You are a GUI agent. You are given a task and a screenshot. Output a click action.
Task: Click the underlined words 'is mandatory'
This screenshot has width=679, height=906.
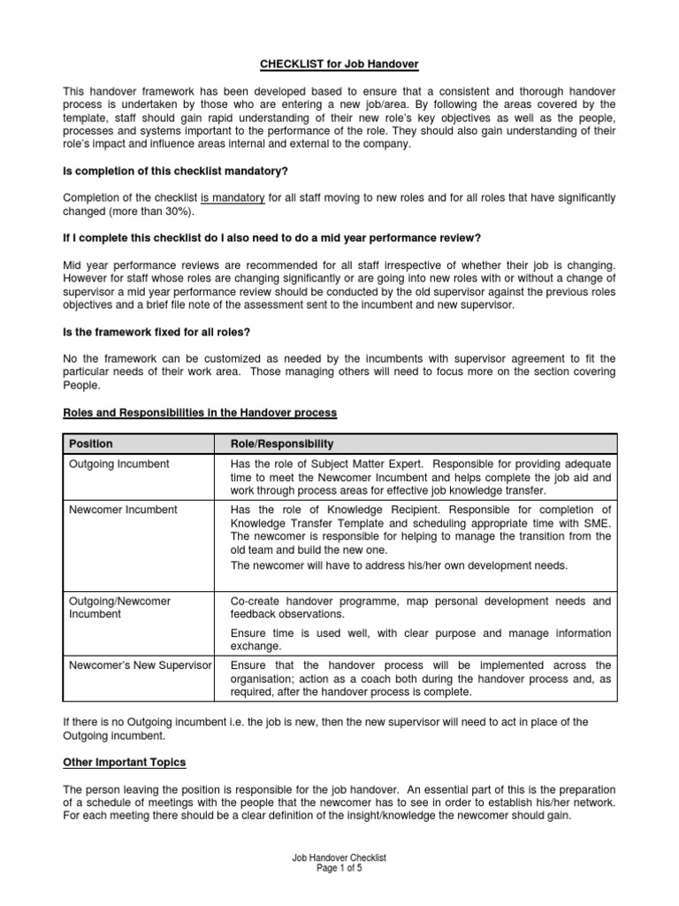[233, 197]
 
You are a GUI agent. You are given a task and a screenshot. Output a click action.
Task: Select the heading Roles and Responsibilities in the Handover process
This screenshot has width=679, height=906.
[200, 412]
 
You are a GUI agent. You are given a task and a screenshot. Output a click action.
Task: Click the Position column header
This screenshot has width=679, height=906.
[91, 443]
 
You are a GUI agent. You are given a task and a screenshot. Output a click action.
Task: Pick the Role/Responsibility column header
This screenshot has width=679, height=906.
[281, 443]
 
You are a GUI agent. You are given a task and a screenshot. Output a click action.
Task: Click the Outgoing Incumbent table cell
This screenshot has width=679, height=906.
[119, 464]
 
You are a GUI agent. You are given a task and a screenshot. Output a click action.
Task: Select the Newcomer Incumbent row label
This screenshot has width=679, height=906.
[123, 510]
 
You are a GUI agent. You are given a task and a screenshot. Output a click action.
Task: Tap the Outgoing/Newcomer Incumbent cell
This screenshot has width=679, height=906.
[119, 607]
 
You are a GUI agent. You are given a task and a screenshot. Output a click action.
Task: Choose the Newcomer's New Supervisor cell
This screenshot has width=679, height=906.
[141, 665]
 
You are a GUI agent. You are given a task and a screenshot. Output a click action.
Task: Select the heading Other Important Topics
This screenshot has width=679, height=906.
[124, 762]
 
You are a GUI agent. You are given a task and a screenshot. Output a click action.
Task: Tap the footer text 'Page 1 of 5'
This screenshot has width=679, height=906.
[339, 869]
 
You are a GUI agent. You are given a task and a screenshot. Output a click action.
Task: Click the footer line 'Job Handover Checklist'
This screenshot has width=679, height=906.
[339, 858]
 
